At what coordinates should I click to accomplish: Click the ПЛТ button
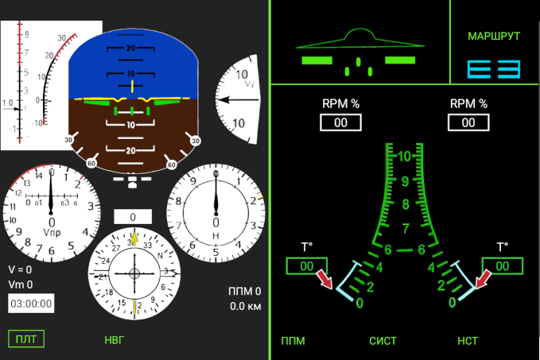26,339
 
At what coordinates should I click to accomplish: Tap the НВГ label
115,340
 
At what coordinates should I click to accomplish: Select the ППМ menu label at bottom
293,341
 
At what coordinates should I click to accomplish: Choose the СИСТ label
383,341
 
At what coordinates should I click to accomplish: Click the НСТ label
468,341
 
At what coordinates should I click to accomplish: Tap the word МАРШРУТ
494,37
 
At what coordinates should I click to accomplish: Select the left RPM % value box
340,122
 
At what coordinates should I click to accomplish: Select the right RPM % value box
468,122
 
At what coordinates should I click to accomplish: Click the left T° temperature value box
306,267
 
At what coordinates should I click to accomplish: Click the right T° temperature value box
503,267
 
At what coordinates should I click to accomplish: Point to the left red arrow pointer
325,279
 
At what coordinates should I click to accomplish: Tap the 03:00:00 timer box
31,303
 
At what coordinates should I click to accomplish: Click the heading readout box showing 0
133,217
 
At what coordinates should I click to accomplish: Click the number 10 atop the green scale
405,157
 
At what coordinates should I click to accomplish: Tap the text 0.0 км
246,306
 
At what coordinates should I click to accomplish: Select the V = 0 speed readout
21,269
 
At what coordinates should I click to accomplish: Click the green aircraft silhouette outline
359,40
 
